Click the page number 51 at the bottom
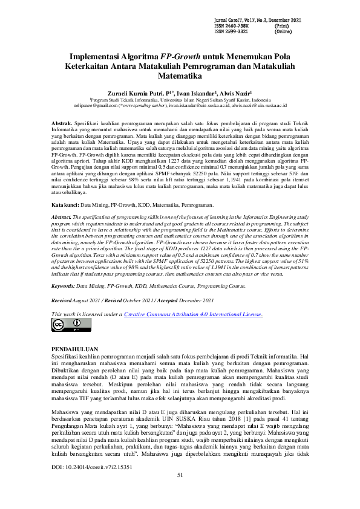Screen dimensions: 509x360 pos(180,492)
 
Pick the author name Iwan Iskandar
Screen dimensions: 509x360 pos(195,94)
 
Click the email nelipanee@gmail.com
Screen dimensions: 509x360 pos(96,105)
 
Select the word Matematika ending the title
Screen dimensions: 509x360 pos(180,77)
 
